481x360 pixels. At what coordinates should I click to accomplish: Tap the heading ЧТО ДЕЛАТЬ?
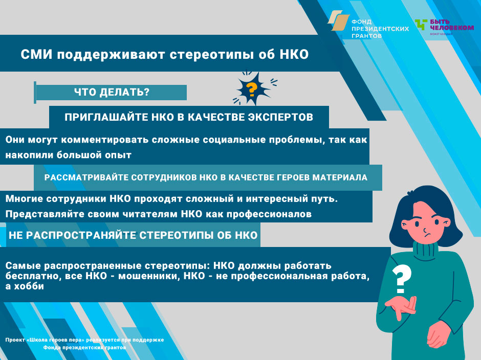tap(112, 92)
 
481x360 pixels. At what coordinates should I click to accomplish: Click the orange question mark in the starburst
tap(252, 89)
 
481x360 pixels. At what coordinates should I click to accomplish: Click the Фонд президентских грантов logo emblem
tap(338, 20)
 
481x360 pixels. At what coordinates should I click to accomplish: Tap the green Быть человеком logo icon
tap(421, 24)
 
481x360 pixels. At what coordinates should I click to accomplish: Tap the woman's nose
tap(425, 230)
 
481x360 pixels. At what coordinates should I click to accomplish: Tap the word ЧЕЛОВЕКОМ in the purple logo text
tap(452, 28)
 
